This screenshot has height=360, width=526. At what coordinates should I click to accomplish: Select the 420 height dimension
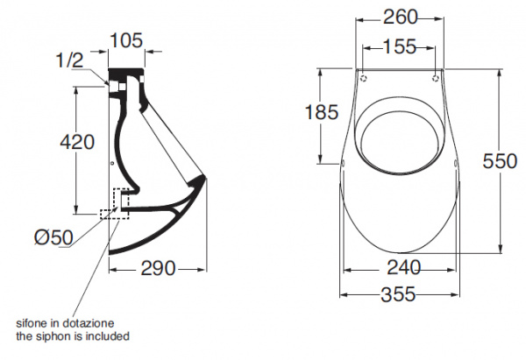tap(77, 141)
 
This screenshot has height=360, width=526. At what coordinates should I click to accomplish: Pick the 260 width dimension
tap(400, 17)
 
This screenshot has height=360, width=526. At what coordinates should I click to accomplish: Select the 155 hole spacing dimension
tap(400, 49)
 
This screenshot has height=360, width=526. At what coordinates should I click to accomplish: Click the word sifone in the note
tap(32, 323)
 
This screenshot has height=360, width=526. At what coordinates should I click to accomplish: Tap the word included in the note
tap(110, 335)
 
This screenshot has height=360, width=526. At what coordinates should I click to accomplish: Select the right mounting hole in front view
tap(436, 78)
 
